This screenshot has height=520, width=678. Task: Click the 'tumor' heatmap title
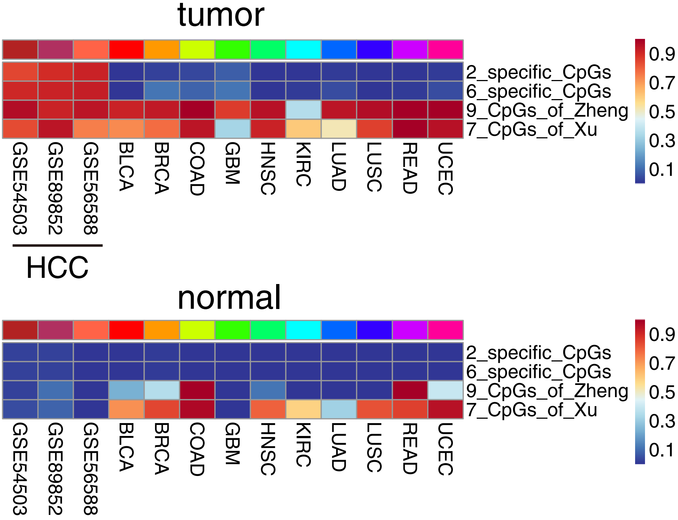click(220, 15)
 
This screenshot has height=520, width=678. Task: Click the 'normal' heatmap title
click(229, 298)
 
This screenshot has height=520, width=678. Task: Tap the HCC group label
click(57, 268)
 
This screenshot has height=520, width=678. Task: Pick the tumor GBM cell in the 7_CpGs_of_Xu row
click(232, 129)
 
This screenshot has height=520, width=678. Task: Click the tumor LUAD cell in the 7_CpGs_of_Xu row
click(339, 129)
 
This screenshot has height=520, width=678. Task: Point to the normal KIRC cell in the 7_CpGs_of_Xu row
click(304, 409)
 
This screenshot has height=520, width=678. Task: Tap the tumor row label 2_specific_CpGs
click(538, 72)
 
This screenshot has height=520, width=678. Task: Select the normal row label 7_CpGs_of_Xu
click(531, 410)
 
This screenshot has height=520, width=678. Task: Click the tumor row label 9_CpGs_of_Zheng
click(547, 110)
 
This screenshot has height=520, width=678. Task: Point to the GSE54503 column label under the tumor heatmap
click(20, 189)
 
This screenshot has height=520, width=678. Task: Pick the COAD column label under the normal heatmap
click(197, 449)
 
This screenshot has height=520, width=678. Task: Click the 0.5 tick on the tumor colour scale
click(662, 112)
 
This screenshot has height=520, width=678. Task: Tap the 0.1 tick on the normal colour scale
click(662, 450)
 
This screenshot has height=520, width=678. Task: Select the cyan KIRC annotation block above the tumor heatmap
click(304, 50)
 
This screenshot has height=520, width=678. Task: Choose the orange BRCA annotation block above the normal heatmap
click(162, 330)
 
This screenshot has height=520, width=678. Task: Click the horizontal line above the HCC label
click(58, 245)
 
